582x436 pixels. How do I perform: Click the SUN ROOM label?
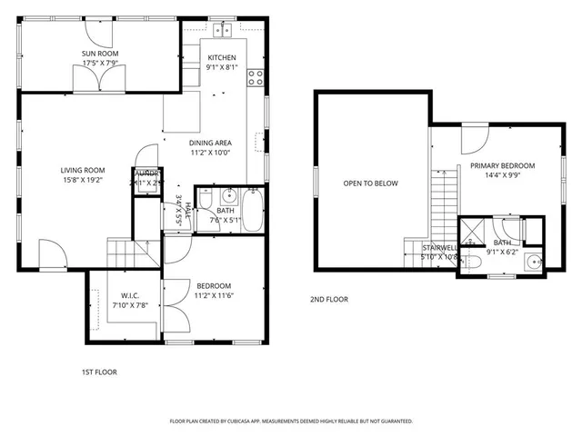tap(100, 54)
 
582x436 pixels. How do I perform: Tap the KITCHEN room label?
tap(222, 57)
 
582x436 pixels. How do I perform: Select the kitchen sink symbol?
tap(224, 31)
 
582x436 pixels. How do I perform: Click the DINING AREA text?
tap(210, 143)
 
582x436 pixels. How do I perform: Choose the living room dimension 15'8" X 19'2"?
tap(83, 180)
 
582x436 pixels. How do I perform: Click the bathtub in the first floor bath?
tap(252, 211)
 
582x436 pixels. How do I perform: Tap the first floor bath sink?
tap(229, 194)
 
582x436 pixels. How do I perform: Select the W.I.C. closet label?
tap(128, 294)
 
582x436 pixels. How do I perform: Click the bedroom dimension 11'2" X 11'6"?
tap(214, 295)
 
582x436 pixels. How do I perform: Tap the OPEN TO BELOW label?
tap(370, 183)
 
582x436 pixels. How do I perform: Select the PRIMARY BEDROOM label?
tap(502, 165)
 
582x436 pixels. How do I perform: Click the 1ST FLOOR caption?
tap(99, 372)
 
